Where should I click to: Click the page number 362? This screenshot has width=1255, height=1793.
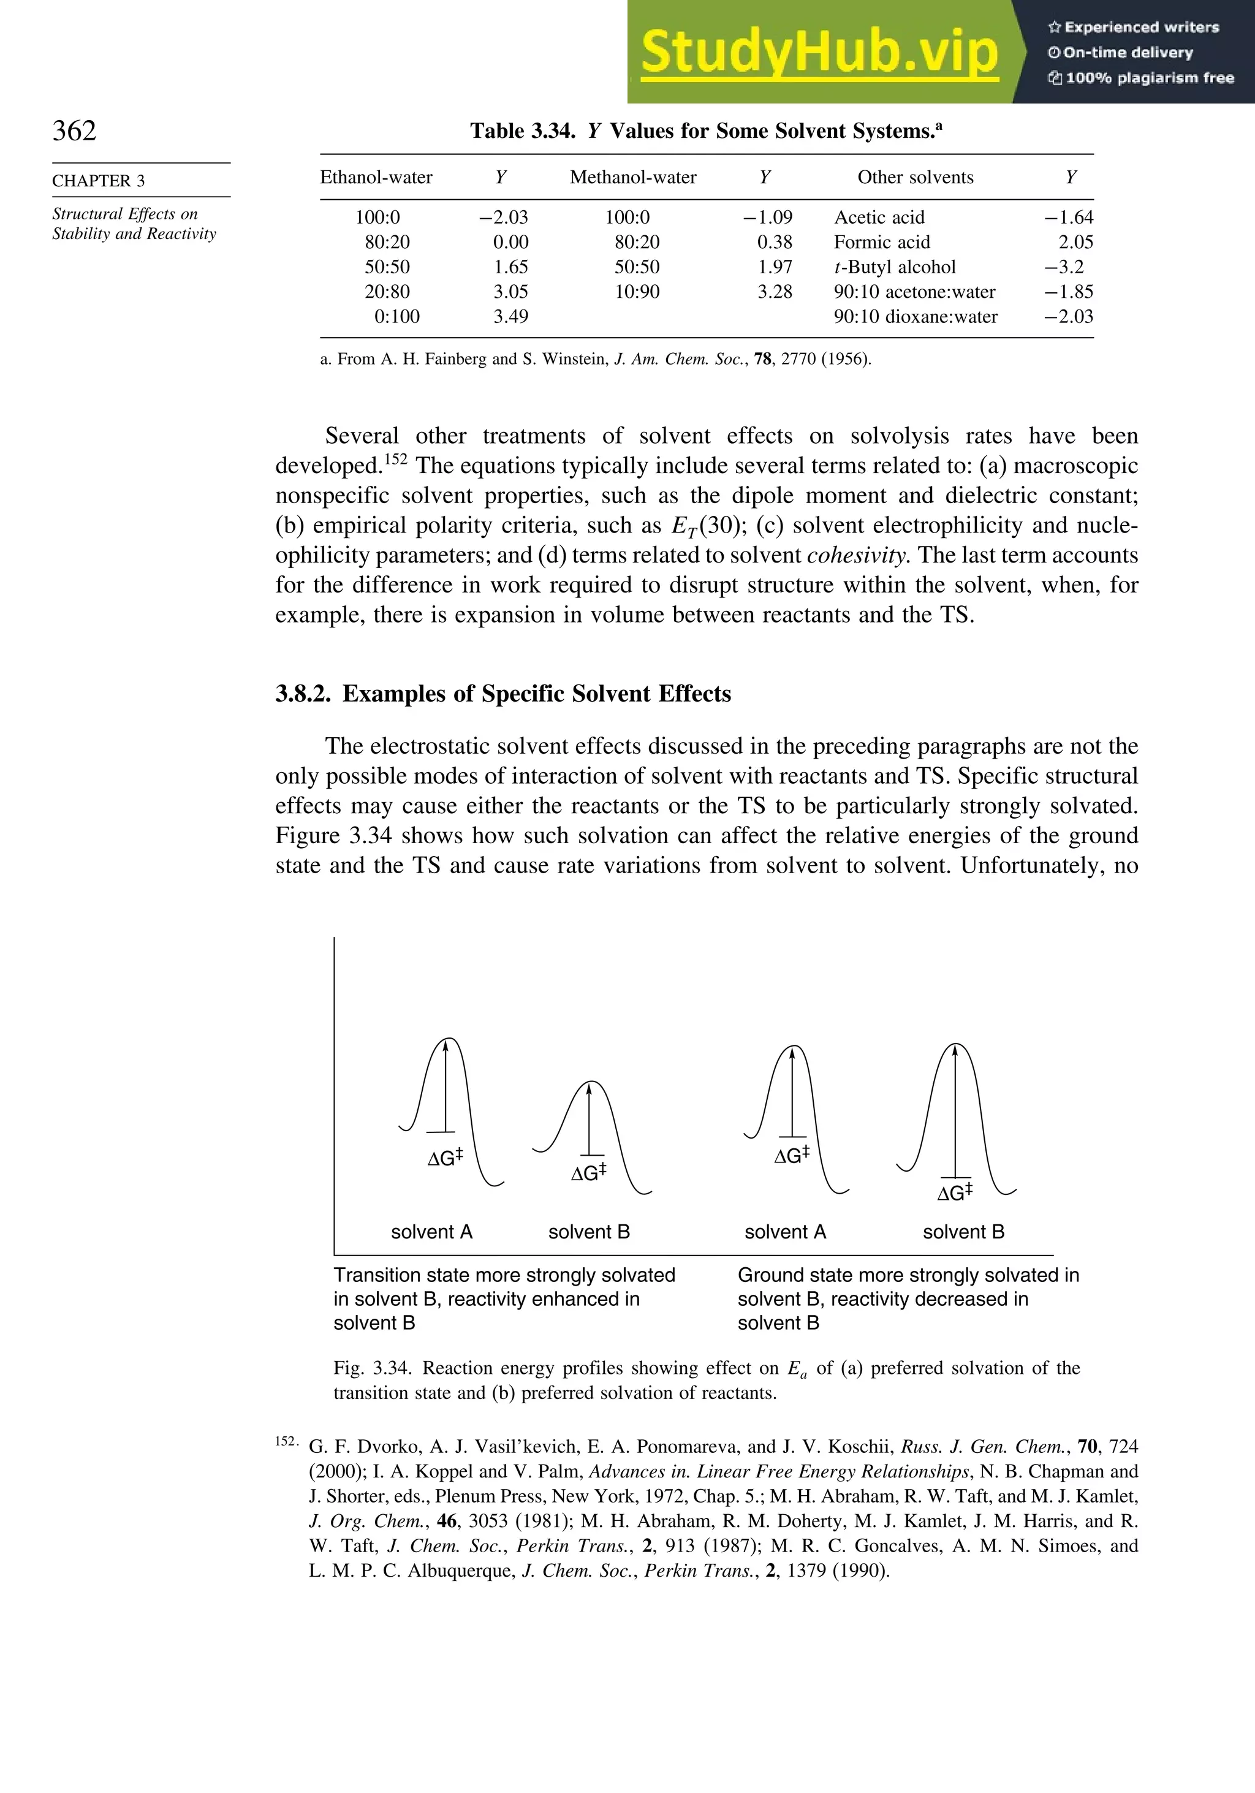click(74, 131)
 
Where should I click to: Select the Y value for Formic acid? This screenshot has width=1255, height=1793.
click(1075, 242)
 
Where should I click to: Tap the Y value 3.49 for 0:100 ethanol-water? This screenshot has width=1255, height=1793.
click(510, 316)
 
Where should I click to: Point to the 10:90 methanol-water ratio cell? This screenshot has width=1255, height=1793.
click(637, 292)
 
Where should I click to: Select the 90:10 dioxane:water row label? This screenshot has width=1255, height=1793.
click(916, 316)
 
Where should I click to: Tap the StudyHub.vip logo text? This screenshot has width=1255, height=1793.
click(819, 52)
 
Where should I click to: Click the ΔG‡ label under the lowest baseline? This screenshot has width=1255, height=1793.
click(954, 1193)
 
